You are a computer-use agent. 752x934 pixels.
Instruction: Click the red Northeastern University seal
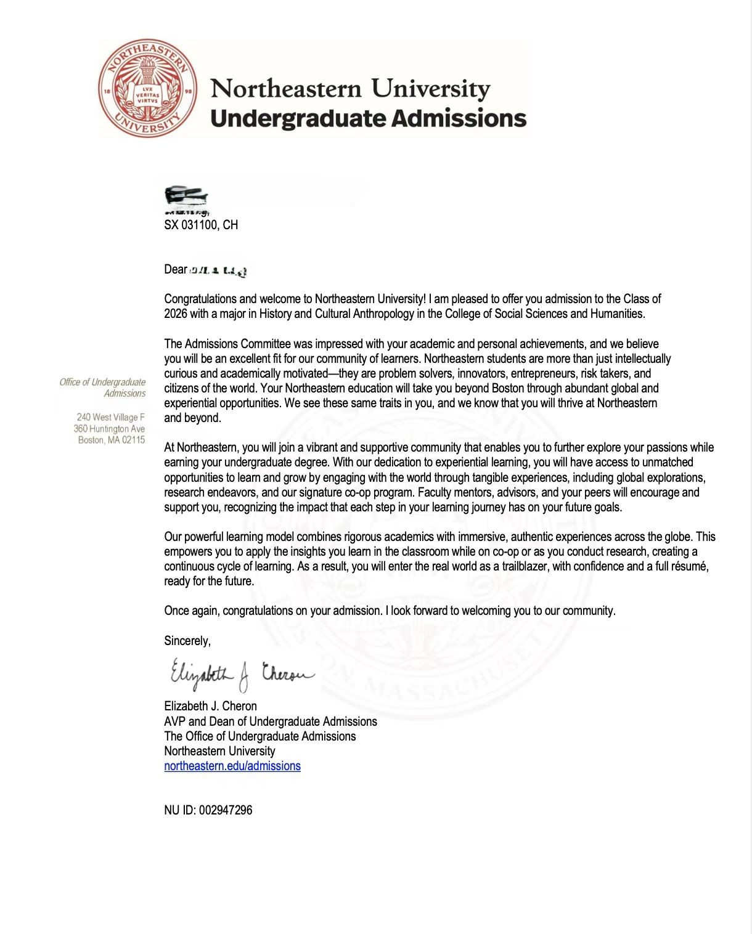[148, 88]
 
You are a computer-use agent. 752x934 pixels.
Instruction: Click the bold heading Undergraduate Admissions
[368, 118]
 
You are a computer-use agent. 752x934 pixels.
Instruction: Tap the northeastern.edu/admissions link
[232, 766]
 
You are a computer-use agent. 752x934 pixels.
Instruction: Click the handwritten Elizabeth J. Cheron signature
[242, 673]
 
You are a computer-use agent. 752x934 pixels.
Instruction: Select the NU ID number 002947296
[225, 810]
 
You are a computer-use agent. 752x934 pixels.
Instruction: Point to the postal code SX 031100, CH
[201, 225]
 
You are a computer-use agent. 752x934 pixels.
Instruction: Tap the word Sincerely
[187, 641]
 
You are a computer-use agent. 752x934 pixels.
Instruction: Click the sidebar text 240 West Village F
[110, 417]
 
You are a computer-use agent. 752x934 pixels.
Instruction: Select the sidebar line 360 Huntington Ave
[109, 428]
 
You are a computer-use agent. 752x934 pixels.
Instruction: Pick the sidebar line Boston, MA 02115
[111, 440]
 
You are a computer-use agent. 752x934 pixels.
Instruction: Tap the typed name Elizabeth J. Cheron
[210, 706]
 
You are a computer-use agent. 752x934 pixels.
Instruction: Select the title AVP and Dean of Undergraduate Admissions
[270, 721]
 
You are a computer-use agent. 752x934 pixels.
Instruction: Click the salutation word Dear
[175, 269]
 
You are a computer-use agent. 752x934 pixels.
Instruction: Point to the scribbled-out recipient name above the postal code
[186, 196]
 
